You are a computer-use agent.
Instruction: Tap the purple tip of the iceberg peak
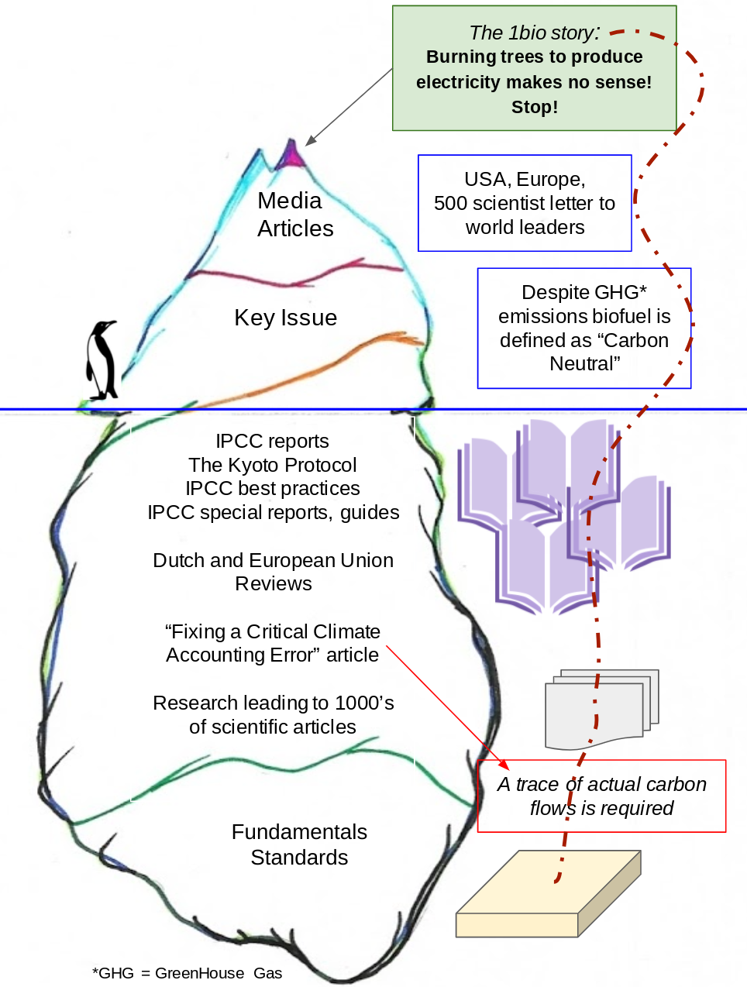(291, 154)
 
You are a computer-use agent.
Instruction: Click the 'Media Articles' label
(294, 215)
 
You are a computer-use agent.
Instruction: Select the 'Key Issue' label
(285, 318)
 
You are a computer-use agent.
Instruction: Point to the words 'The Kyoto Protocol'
(273, 465)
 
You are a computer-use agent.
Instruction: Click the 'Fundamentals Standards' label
(299, 844)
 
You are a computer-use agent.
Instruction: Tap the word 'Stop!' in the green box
(534, 107)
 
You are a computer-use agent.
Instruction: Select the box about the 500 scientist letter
(525, 203)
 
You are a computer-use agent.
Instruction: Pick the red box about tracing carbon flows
(601, 796)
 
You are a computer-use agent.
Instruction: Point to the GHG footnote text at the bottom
(187, 973)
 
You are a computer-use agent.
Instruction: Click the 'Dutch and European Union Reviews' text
(273, 572)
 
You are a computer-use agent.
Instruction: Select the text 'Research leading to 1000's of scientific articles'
(273, 714)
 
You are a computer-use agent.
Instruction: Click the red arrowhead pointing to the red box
(504, 765)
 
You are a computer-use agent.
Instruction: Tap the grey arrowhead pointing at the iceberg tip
(310, 141)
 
